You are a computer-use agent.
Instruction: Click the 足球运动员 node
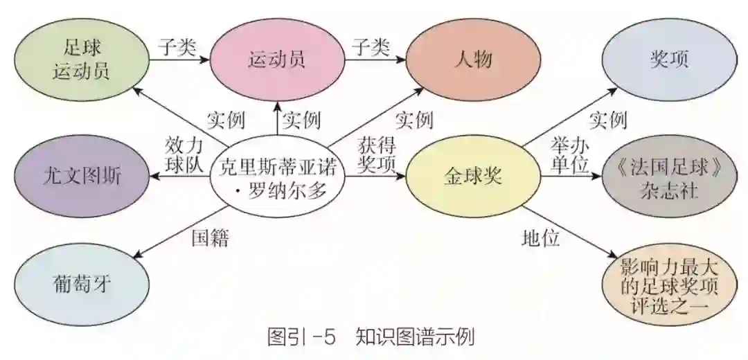coord(82,60)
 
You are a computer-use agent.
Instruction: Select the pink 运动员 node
coord(276,60)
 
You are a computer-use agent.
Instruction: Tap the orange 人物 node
coord(474,60)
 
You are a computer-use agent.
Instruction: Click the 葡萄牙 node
coord(82,285)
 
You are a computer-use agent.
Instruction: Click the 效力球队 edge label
coord(184,155)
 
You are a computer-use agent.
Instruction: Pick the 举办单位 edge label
coord(569,155)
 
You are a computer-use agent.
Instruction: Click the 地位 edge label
coord(540,239)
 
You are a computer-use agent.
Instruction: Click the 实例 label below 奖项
coord(607,119)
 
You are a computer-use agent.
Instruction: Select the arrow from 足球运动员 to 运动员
coord(179,60)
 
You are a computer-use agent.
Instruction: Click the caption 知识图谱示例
coord(415,338)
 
